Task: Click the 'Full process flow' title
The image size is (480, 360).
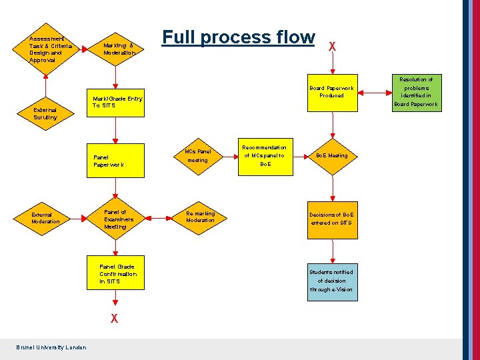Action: point(238,37)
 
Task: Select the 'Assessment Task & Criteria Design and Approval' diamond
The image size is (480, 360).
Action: point(46,49)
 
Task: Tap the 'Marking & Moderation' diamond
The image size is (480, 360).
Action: point(118,49)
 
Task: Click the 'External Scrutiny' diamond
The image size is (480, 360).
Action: point(45,113)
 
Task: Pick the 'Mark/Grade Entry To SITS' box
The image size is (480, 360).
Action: point(117,102)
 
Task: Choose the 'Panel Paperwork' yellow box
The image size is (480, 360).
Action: point(117,161)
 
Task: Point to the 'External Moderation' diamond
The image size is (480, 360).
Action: point(45,218)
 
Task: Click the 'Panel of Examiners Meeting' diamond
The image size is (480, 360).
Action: point(117,219)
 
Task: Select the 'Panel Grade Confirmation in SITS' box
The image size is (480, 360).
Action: point(117,273)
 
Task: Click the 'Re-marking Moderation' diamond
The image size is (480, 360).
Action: point(200,217)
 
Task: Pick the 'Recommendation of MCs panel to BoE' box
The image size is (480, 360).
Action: point(264,156)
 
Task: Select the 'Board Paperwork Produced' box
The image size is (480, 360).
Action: point(331,91)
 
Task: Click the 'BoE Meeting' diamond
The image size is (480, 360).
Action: point(332,156)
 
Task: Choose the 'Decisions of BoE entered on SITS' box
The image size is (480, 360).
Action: point(331,219)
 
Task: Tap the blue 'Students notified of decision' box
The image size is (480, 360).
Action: point(331,281)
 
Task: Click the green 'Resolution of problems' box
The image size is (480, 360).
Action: point(416,91)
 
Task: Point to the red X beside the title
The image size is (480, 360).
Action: point(332,47)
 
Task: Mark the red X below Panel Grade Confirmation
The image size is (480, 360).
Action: point(115,319)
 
